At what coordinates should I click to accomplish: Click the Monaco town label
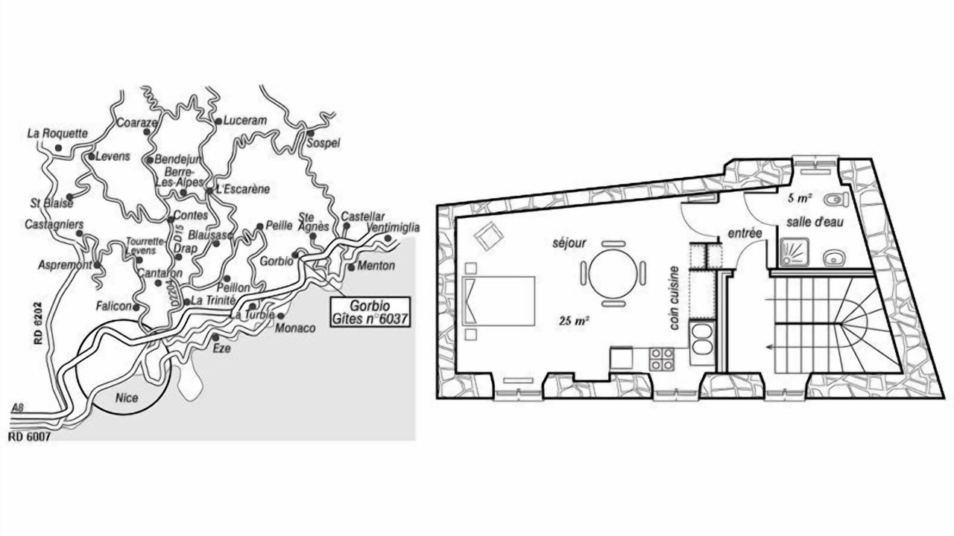(x=295, y=328)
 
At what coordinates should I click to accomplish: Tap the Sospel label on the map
(x=323, y=144)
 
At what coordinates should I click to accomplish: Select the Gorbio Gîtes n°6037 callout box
(x=370, y=312)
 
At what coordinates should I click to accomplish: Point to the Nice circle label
(x=127, y=398)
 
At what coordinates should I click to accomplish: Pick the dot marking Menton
(x=351, y=267)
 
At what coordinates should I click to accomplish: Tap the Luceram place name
(x=245, y=121)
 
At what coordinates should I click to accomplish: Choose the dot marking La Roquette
(x=58, y=148)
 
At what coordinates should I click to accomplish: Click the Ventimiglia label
(x=393, y=228)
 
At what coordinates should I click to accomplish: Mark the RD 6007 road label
(x=29, y=436)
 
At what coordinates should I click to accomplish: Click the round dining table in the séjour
(x=613, y=273)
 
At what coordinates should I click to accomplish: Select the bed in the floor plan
(x=499, y=301)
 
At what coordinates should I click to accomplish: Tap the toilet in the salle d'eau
(x=835, y=199)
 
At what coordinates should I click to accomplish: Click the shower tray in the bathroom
(x=795, y=252)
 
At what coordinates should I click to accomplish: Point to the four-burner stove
(x=662, y=359)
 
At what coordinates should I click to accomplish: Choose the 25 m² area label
(x=575, y=321)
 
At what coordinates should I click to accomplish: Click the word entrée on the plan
(x=745, y=233)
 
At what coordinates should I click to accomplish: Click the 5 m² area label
(x=800, y=198)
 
